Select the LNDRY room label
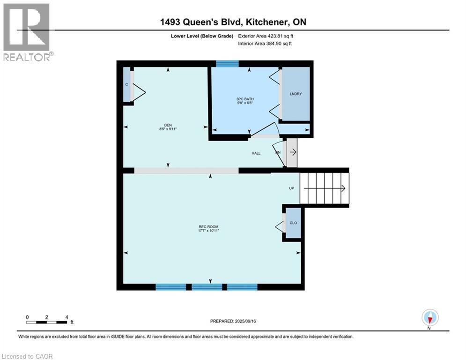tap(296, 94)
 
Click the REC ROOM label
tap(209, 227)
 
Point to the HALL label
tap(256, 153)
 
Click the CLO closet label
tap(293, 223)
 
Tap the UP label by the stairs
tap(291, 188)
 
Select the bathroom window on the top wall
tap(227, 64)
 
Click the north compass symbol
tap(429, 317)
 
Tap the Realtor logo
tap(27, 32)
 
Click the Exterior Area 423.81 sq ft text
tap(266, 36)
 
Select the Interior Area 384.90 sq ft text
tap(266, 44)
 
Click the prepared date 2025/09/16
tap(234, 321)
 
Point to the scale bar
tap(47, 322)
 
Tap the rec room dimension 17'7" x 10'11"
tap(209, 231)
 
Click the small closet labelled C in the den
tap(127, 84)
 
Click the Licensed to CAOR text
tap(28, 356)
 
